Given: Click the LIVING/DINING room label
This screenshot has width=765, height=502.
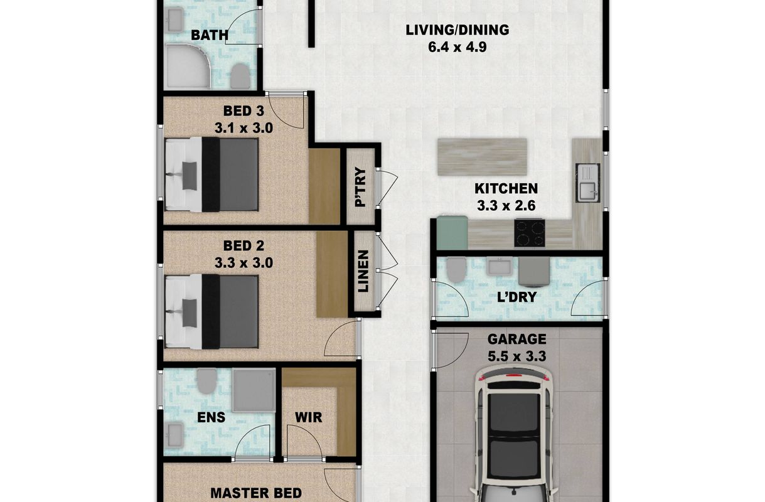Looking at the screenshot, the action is pos(457,30).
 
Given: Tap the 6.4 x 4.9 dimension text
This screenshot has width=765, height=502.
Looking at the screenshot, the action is pos(457,47).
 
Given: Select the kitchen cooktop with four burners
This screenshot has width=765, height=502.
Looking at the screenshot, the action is pos(530,233).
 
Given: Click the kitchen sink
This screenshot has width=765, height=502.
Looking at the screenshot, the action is pos(588,183).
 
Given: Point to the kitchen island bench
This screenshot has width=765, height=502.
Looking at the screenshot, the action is pos(482,157).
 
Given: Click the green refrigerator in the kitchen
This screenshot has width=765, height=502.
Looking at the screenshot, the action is pos(452,233).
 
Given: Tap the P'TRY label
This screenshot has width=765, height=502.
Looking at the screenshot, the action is pos(361,186).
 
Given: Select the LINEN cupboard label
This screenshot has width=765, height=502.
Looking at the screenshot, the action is pos(363,271).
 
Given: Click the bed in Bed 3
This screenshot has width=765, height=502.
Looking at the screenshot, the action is pos(211,174).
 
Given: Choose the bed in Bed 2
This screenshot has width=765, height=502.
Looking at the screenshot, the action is pos(211,312).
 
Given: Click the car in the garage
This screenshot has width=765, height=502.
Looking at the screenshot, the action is pos(513,434).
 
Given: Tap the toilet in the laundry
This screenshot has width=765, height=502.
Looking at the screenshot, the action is pos(456,269).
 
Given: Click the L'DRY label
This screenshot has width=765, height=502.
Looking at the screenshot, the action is pos(516,297).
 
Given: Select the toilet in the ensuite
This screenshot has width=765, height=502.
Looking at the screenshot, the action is pos(206,381).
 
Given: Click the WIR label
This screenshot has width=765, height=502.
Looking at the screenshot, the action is pos(308,417).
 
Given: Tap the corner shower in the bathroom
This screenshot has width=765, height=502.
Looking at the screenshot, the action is pos(188,67).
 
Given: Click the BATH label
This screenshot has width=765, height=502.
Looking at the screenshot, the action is pos(210,35).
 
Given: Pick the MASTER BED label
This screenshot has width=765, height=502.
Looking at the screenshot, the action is pos(256,493).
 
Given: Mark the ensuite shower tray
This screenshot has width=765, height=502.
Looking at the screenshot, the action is pos(254,390).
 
